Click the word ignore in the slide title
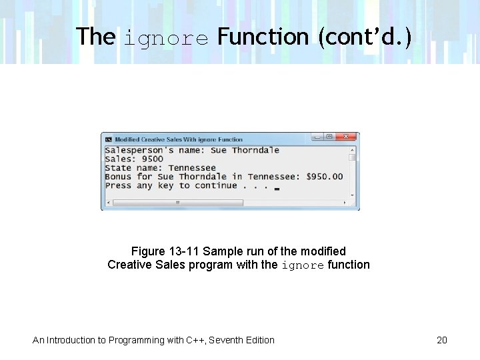coord(166,37)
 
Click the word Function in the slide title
coord(263,37)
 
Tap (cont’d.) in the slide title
coord(365,37)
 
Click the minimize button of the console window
coord(318,137)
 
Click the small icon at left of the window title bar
coord(108,139)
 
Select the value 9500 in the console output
coord(153,159)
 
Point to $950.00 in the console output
coord(325,177)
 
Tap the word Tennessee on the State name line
coord(192,168)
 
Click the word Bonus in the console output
coord(118,177)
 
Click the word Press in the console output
coord(118,185)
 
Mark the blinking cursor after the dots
coord(277,189)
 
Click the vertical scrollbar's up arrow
coord(353,150)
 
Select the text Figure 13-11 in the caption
coord(165,251)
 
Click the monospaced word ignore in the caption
coord(303,265)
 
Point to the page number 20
coord(442,340)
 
